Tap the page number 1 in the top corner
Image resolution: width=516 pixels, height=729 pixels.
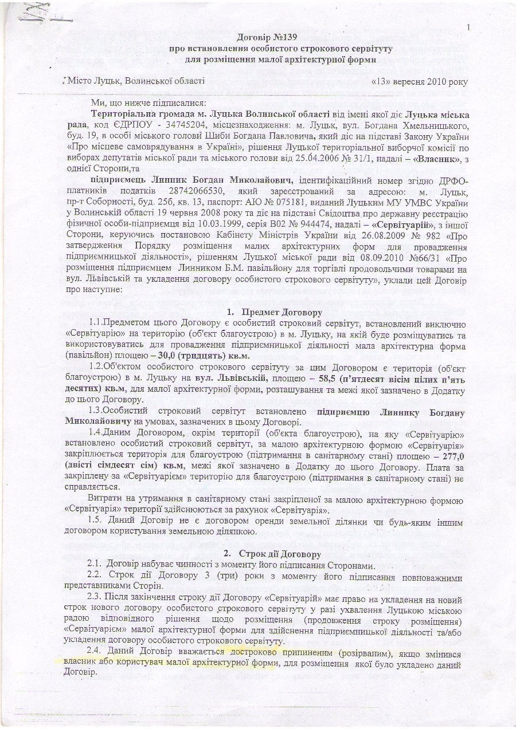coord(468,27)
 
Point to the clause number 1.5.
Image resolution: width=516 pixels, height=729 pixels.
coord(97,521)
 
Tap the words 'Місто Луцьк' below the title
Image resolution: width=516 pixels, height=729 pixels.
coord(92,81)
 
